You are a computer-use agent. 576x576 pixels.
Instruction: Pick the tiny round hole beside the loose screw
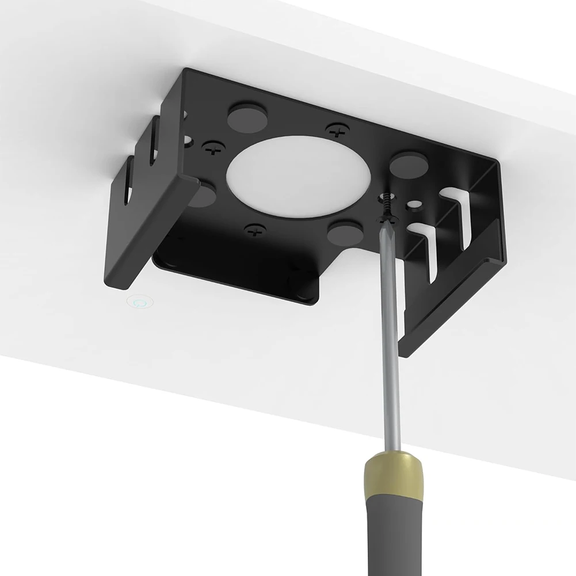point(412,204)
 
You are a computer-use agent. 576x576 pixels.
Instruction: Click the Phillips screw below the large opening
point(253,232)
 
